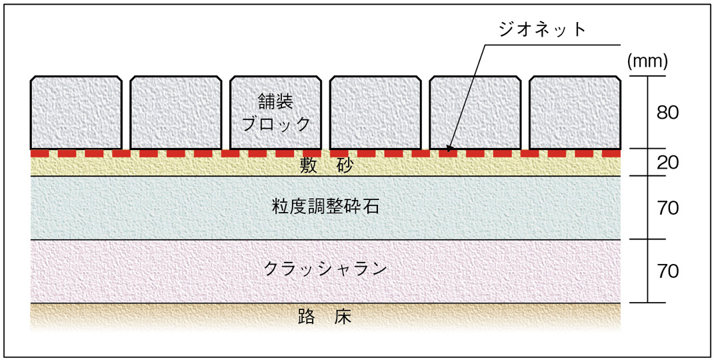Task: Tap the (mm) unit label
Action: click(647, 62)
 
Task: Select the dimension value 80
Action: click(667, 113)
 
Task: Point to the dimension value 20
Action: click(667, 162)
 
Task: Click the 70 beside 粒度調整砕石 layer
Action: click(667, 208)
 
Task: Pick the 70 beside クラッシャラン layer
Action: click(667, 271)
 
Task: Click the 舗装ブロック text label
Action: click(275, 113)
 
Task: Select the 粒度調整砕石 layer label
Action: click(325, 207)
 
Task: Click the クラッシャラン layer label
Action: click(325, 269)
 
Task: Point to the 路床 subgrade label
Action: click(325, 317)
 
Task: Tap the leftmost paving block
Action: click(76, 112)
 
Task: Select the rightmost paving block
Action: click(575, 112)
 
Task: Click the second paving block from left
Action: click(175, 112)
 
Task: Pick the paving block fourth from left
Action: click(375, 112)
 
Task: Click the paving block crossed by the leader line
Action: click(475, 112)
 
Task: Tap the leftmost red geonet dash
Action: click(35, 153)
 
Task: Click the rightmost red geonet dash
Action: click(615, 153)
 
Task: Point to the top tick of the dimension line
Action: click(647, 76)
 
